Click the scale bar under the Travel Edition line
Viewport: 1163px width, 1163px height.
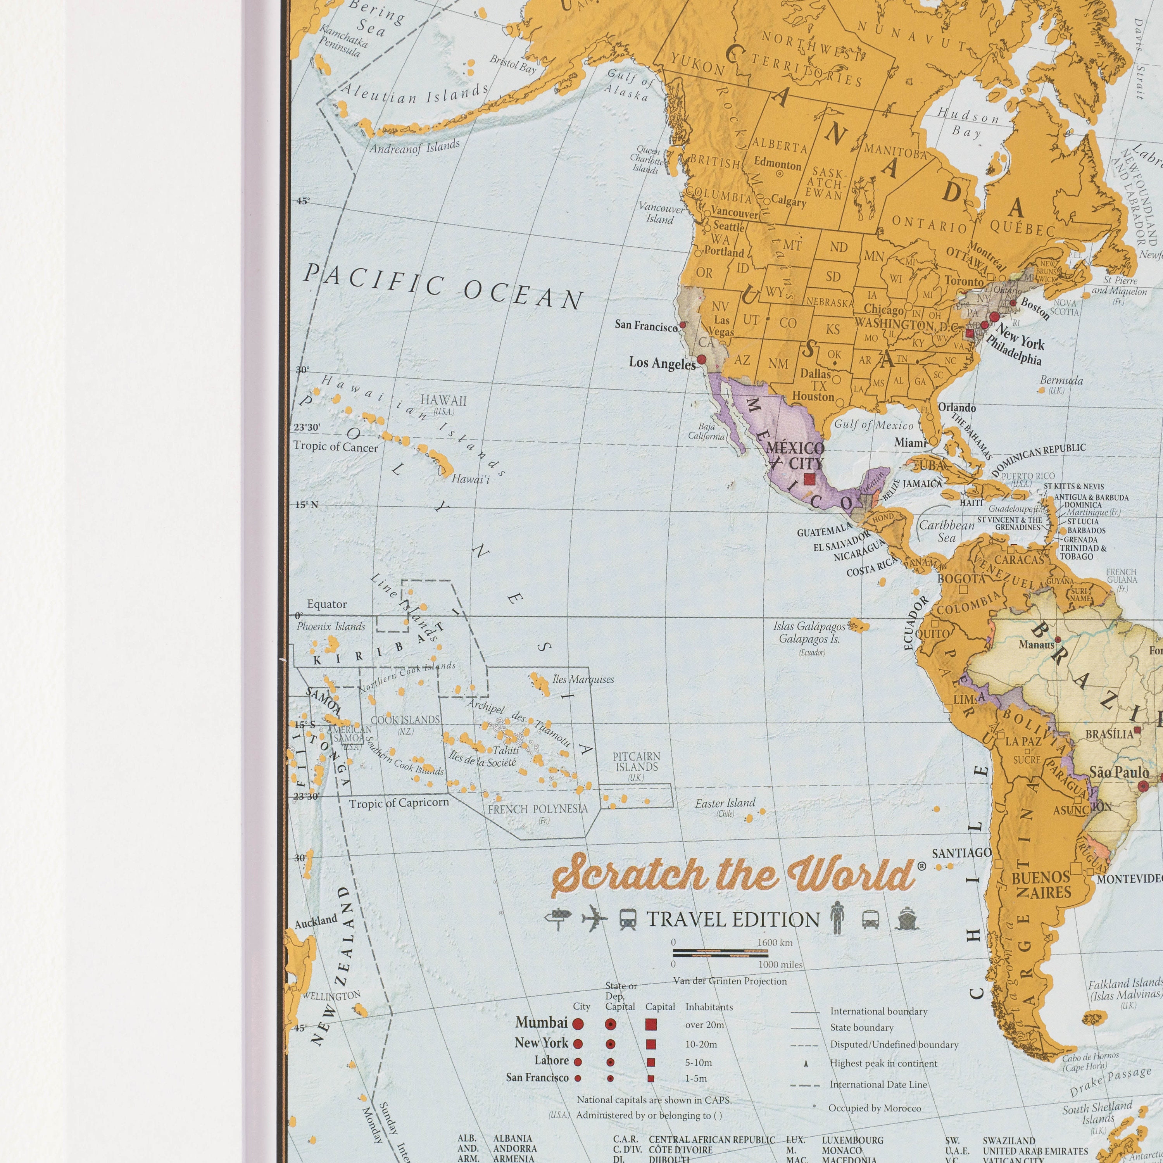[721, 952]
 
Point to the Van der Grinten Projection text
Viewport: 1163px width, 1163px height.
[730, 981]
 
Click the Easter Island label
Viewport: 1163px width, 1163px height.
[725, 802]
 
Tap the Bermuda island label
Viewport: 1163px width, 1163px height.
[1061, 380]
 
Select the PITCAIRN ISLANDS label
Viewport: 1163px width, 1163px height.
[636, 761]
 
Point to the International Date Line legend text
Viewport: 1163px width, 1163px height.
[878, 1085]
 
